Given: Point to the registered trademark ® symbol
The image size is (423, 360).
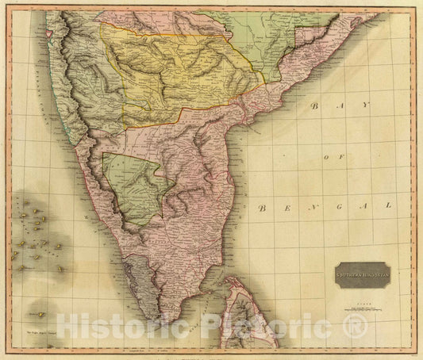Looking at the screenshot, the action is click(356, 324).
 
